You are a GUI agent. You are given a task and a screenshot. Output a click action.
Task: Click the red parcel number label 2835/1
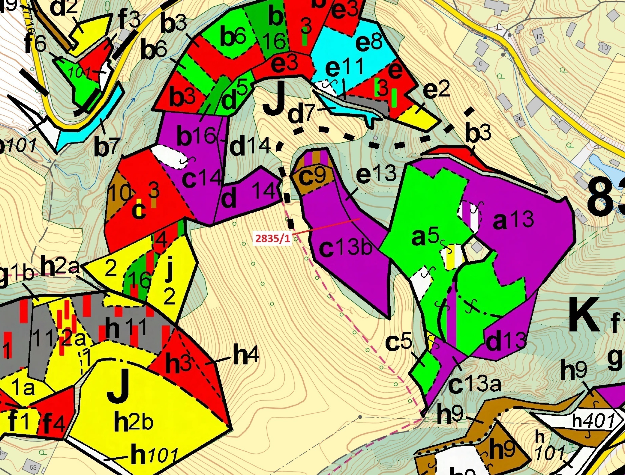[273, 238]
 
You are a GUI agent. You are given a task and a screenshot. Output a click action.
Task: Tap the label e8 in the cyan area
[369, 43]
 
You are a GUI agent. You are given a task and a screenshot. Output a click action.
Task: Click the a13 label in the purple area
[513, 220]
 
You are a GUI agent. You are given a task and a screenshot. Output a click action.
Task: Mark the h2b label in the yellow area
[134, 422]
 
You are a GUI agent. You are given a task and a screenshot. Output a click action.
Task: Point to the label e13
[376, 174]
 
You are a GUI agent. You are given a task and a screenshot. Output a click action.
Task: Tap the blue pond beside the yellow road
[603, 164]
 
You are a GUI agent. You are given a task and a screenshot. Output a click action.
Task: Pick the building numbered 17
[539, 37]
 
